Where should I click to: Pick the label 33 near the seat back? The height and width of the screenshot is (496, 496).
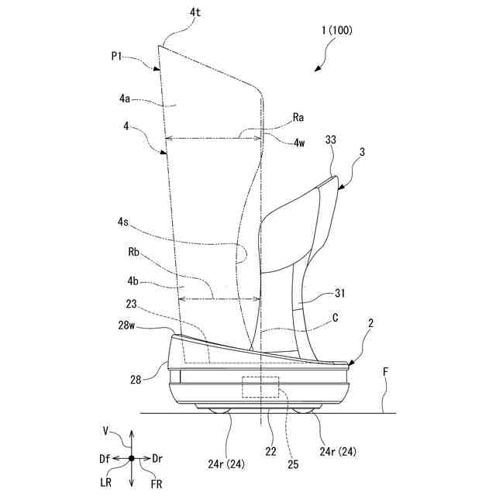[x=330, y=140]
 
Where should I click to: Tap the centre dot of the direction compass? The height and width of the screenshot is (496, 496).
[x=131, y=459]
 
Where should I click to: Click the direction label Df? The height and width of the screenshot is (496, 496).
[x=104, y=458]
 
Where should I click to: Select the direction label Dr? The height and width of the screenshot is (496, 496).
[x=157, y=458]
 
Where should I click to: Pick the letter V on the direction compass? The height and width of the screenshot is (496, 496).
[x=105, y=429]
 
